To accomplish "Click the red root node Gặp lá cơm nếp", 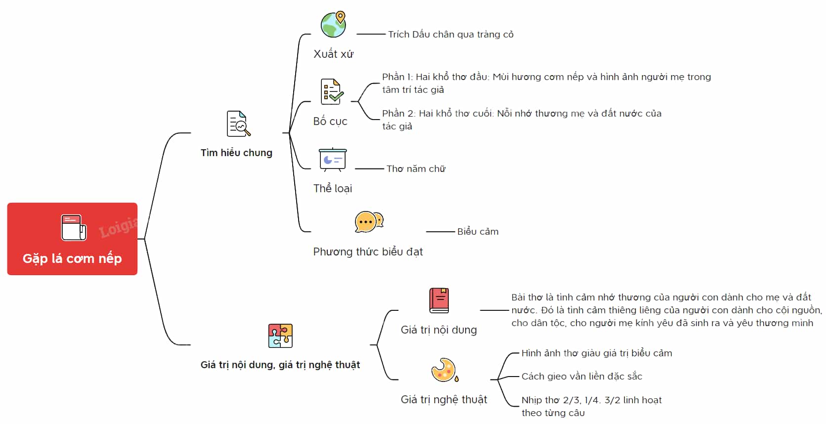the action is pyautogui.click(x=72, y=239).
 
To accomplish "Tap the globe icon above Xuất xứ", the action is pyautogui.click(x=334, y=24).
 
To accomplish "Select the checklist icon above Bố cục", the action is pyautogui.click(x=332, y=91).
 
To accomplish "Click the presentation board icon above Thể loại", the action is pyautogui.click(x=333, y=159).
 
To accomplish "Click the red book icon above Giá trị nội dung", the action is pyautogui.click(x=439, y=300).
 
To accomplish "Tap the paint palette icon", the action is pyautogui.click(x=445, y=370).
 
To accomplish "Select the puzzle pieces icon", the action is pyautogui.click(x=280, y=336).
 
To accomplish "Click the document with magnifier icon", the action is pyautogui.click(x=238, y=124).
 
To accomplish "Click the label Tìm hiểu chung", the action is pyautogui.click(x=236, y=153).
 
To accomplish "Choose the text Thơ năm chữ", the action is pyautogui.click(x=416, y=169).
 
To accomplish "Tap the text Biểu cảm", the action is pyautogui.click(x=478, y=232).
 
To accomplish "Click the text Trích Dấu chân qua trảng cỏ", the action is pyautogui.click(x=451, y=34).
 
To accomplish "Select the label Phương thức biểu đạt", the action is pyautogui.click(x=368, y=252).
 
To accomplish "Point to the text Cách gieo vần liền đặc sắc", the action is pyautogui.click(x=582, y=377).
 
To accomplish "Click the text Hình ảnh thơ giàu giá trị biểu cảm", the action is pyautogui.click(x=597, y=353).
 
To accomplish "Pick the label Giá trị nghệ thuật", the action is pyautogui.click(x=444, y=400).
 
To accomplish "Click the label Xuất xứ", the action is pyautogui.click(x=333, y=54).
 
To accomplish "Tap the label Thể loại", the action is pyautogui.click(x=333, y=188).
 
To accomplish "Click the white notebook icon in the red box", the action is pyautogui.click(x=74, y=227).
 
